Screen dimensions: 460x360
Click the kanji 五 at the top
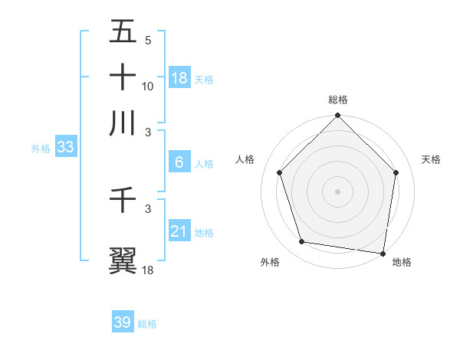[x=123, y=33]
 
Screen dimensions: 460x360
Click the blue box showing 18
[x=179, y=77]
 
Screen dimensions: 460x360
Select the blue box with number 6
[x=179, y=162]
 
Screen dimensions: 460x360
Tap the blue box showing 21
[x=179, y=231]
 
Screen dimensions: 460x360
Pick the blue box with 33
[x=65, y=147]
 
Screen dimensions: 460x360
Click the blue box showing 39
[x=123, y=322]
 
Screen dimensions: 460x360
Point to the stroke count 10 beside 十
[x=148, y=86]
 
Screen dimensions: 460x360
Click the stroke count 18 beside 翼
[x=148, y=270]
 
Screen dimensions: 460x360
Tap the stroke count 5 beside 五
[x=148, y=41]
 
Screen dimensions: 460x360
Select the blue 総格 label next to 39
[x=147, y=324]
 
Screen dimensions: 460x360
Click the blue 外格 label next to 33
[x=40, y=149]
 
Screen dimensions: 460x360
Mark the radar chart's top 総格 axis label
[x=337, y=100]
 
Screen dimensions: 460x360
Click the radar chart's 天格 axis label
[x=432, y=159]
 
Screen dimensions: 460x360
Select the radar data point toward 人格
[x=280, y=172]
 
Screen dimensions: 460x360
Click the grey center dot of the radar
[x=337, y=191]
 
